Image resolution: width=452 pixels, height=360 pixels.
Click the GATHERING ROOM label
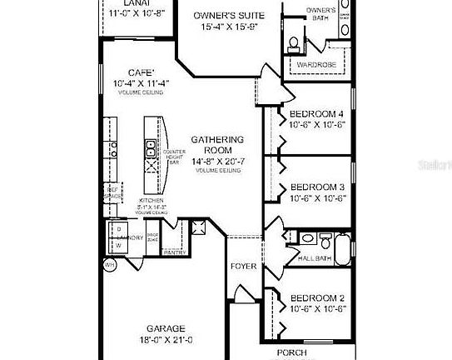217,146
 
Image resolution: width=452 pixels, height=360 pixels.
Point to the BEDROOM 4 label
315,113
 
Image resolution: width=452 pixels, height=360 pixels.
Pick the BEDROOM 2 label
315,298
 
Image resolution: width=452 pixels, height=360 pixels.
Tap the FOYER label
243,267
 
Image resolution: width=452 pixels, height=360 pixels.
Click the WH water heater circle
109,265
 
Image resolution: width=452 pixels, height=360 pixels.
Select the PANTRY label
174,252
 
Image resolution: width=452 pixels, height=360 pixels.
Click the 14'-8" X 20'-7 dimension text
217,161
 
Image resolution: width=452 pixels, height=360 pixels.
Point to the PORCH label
291,353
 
